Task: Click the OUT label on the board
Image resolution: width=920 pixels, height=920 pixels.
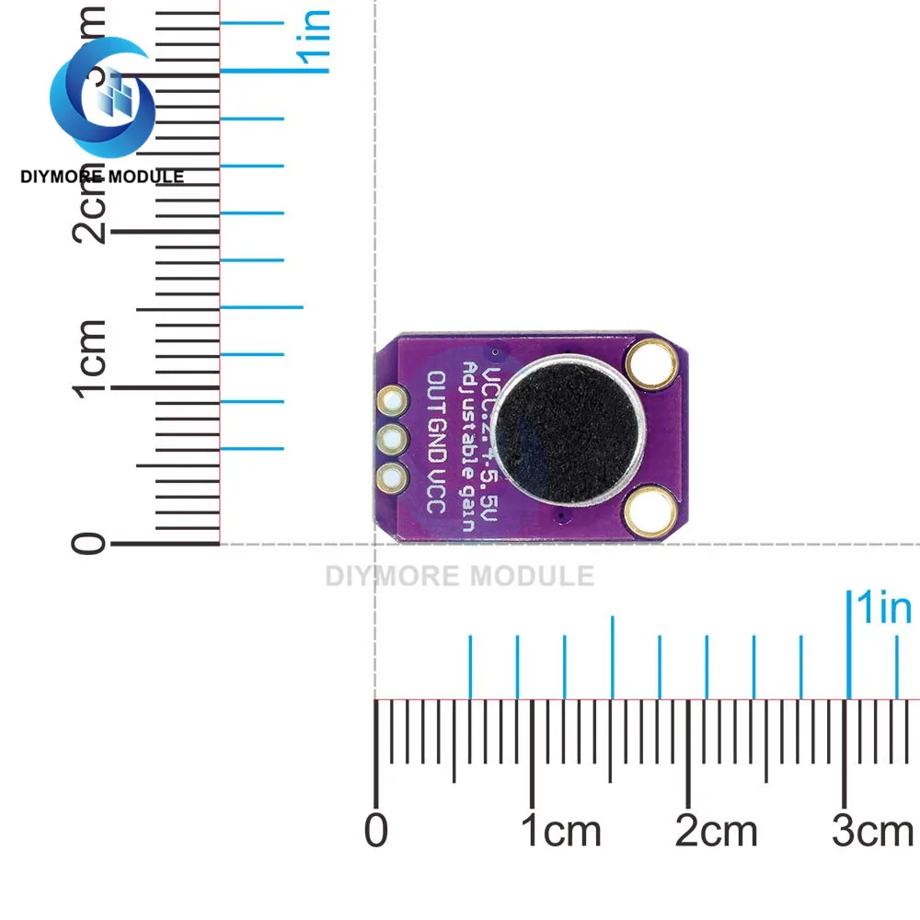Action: (x=437, y=392)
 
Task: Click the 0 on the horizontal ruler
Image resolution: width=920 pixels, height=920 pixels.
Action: (x=375, y=831)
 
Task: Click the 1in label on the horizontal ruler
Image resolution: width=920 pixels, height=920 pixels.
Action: (x=882, y=609)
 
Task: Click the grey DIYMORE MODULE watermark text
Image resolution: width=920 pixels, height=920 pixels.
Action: (x=460, y=577)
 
